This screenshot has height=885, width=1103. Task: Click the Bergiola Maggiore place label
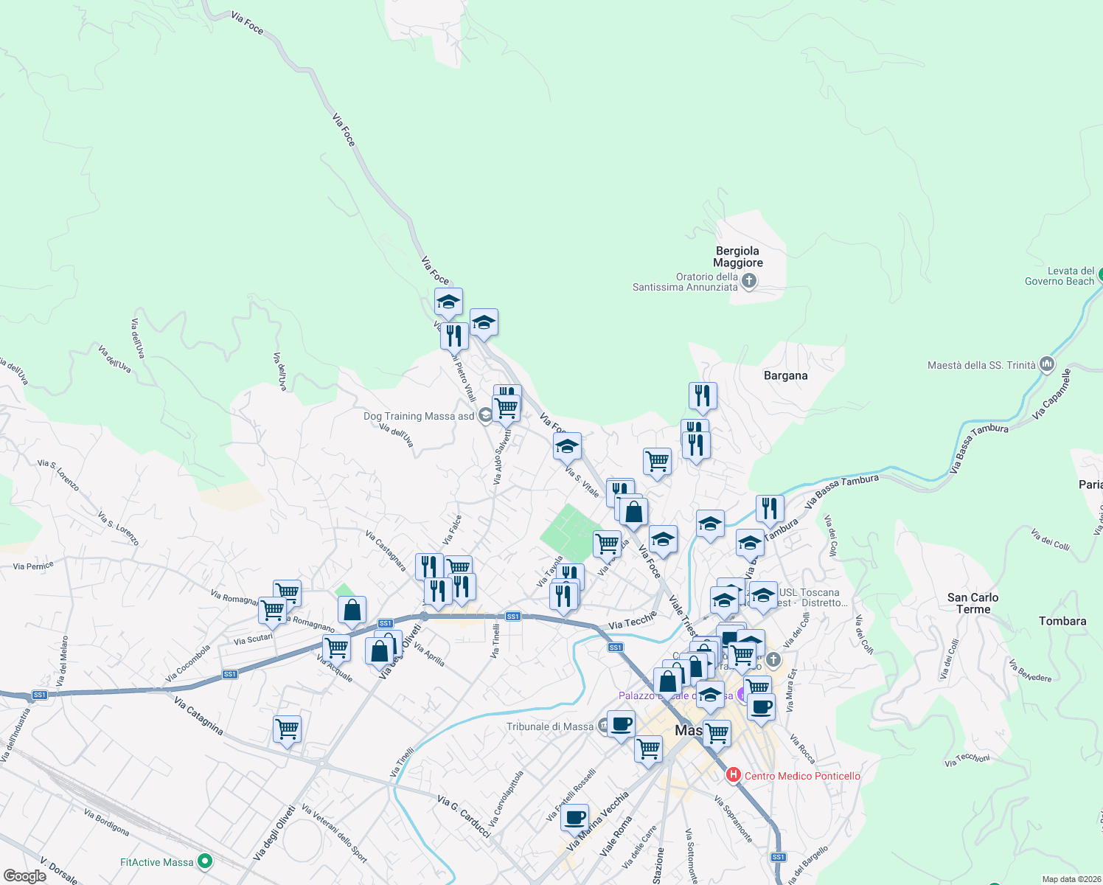tap(737, 257)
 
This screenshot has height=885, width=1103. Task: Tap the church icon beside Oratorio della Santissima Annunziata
tap(748, 280)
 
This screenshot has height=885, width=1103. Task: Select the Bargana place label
tap(785, 375)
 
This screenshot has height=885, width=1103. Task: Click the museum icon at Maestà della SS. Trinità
tap(1046, 364)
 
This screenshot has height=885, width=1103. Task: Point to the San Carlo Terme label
tap(972, 603)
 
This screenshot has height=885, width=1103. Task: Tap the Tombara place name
tap(1062, 621)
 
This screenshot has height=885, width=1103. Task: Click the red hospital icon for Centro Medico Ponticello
tap(733, 775)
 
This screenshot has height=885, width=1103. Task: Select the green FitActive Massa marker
tap(206, 861)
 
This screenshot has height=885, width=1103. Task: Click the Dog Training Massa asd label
tap(419, 416)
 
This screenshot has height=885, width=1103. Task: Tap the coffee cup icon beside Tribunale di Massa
tap(621, 723)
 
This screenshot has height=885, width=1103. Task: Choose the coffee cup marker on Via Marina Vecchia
tap(574, 817)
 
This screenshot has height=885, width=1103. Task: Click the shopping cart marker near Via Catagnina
tap(287, 729)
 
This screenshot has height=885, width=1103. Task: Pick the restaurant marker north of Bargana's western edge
tap(703, 395)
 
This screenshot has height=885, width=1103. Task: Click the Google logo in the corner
tap(25, 875)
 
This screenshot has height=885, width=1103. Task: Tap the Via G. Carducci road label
tap(464, 816)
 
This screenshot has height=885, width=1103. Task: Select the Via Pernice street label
tap(33, 566)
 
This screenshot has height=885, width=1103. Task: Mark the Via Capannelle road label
tap(1051, 395)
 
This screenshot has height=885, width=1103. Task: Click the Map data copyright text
tap(1071, 879)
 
